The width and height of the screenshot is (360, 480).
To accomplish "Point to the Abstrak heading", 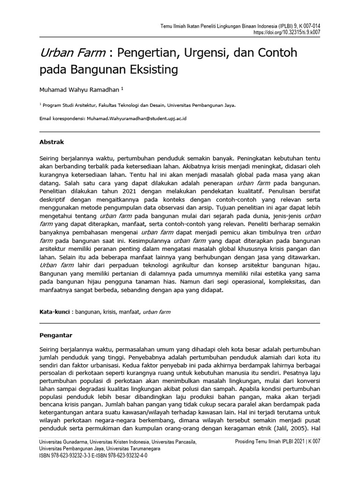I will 52,142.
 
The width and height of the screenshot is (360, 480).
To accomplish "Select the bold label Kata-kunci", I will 54,311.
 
